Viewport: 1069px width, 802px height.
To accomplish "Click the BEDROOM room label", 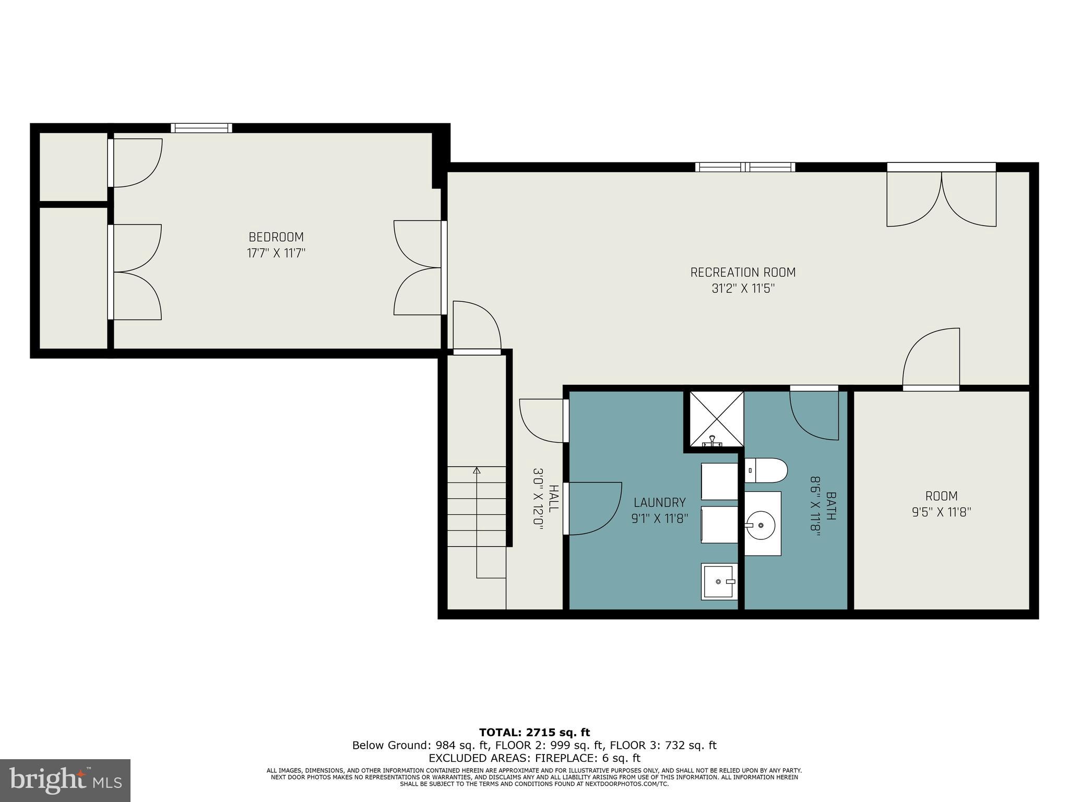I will point(276,237).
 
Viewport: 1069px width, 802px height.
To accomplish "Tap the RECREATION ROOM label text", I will point(743,273).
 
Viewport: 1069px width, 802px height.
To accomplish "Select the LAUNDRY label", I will point(659,502).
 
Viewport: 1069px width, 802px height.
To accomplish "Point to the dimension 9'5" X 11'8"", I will point(941,512).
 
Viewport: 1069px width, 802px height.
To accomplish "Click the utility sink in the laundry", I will point(719,581).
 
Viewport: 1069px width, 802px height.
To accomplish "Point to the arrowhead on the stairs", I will point(476,470).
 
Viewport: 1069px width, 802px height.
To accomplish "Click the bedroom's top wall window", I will point(201,128).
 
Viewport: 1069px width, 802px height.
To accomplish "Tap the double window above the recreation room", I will point(745,167).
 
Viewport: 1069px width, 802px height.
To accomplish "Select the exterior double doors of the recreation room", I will point(941,196).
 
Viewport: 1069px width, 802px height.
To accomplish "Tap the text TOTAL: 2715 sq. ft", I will point(534,733).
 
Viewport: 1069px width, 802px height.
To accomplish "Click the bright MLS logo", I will point(65,781).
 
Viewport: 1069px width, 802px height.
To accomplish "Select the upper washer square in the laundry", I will point(719,481).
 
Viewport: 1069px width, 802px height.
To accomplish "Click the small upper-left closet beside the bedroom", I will point(74,166).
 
